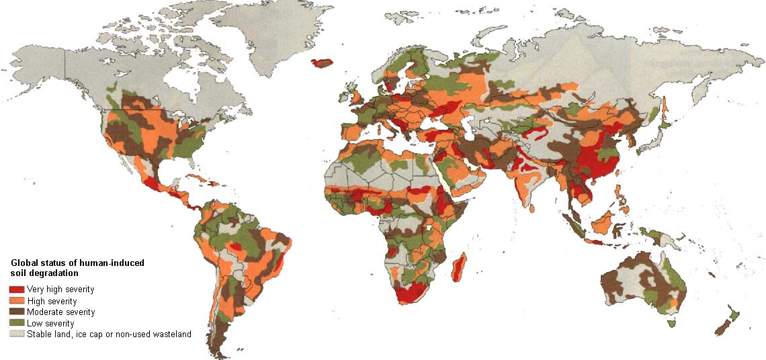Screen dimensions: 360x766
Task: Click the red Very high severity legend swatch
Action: [x=16, y=289]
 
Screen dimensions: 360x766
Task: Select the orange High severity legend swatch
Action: [x=16, y=301]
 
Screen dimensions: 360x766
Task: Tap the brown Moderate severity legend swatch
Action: [x=16, y=312]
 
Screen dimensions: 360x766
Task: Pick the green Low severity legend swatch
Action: [x=16, y=323]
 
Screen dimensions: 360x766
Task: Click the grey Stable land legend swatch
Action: [x=16, y=334]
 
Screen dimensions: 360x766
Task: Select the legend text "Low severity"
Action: [x=50, y=323]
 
